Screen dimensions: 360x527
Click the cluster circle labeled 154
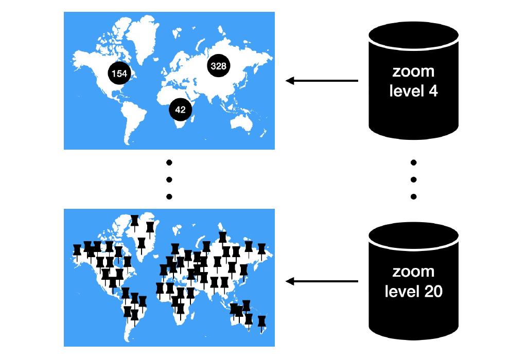(x=119, y=74)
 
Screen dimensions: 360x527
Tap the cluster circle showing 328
(x=219, y=65)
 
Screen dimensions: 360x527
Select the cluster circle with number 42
(x=180, y=110)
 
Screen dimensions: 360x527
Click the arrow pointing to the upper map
(x=322, y=81)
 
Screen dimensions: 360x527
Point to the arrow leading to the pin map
(x=322, y=281)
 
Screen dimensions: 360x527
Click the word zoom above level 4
(x=413, y=71)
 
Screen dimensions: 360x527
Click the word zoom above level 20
(x=413, y=272)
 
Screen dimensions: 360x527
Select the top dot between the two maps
(x=169, y=163)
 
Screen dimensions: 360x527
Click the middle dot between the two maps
(x=169, y=179)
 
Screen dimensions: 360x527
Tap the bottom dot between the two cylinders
(x=413, y=196)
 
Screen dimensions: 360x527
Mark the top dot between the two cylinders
(x=413, y=163)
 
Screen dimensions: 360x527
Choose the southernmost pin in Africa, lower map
(x=180, y=309)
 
